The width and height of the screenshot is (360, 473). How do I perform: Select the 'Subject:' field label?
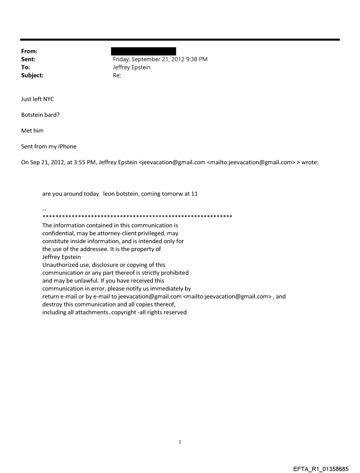[32, 75]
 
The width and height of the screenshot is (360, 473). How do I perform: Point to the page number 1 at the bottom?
[180, 442]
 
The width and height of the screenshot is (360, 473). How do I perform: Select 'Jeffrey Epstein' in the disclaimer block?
[62, 257]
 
